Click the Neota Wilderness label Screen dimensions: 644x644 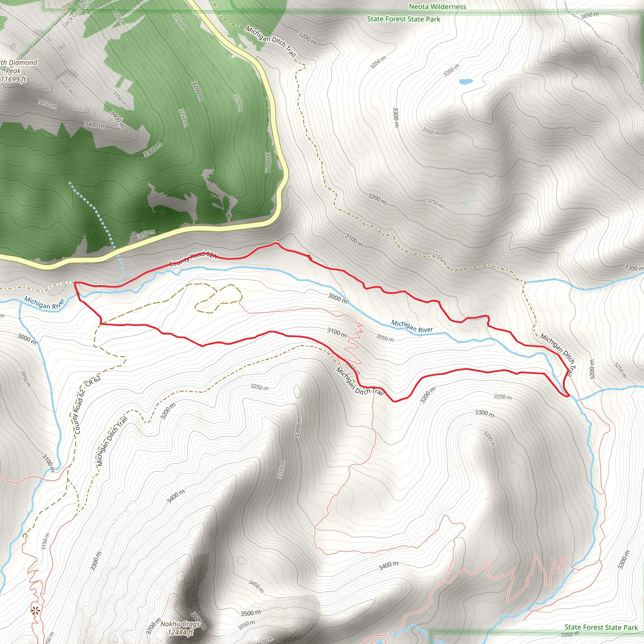437,7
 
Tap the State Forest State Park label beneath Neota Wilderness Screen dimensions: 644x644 403,19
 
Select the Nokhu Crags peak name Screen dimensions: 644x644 180,624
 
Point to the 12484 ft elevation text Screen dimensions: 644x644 180,632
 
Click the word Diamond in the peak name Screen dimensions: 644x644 23,63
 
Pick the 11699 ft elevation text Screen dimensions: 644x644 13,79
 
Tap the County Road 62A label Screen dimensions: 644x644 193,259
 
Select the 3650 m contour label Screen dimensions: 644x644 589,16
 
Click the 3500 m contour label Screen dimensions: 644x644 251,613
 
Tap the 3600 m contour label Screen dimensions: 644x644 199,620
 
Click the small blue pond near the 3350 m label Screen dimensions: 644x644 466,81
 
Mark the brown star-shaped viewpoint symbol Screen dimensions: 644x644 35,611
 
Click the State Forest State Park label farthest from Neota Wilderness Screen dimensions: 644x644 601,627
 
